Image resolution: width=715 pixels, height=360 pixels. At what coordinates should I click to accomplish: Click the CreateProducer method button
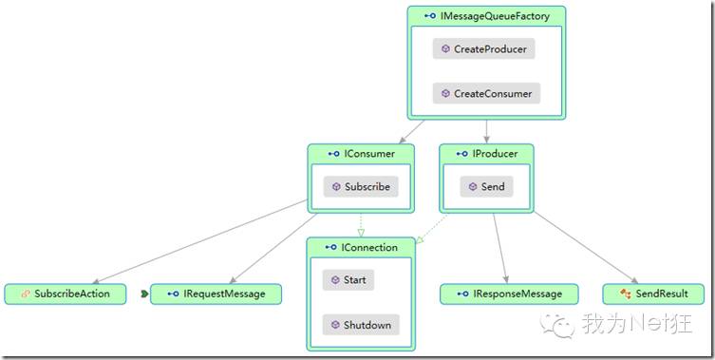[x=484, y=48]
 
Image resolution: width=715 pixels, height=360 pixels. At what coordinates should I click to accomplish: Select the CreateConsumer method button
[x=486, y=93]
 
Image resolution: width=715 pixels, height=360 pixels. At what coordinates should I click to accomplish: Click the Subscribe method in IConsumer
[x=361, y=186]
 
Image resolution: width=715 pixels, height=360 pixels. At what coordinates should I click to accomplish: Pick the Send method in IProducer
[x=486, y=186]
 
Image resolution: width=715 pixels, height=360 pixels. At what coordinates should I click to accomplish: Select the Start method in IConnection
[x=348, y=279]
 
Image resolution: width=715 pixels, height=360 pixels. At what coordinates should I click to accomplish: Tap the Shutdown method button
[x=361, y=325]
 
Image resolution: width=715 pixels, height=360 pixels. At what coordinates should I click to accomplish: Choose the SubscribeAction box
[x=66, y=294]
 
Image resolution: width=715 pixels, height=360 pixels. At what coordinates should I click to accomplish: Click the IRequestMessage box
[x=216, y=294]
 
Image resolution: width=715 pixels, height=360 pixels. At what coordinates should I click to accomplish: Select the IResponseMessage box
[x=509, y=294]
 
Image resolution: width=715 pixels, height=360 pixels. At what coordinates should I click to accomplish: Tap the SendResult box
[x=653, y=294]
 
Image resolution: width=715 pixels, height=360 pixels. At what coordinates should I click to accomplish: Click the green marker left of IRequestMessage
[x=144, y=294]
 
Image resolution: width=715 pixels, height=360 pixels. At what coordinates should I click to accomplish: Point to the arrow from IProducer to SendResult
[x=586, y=247]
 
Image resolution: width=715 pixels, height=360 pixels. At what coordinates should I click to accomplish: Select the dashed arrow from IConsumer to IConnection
[x=361, y=225]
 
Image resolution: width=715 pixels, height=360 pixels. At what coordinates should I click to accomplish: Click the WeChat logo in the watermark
[x=557, y=325]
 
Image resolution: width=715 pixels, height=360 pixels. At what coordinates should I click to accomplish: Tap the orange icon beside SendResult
[x=626, y=294]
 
